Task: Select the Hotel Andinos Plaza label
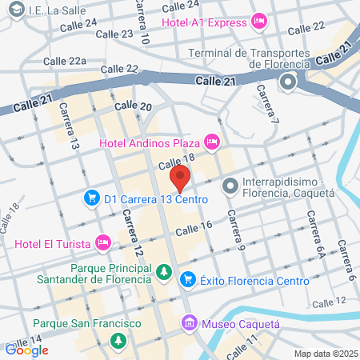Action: pyautogui.click(x=150, y=143)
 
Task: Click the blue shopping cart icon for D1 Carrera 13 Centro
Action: pyautogui.click(x=92, y=198)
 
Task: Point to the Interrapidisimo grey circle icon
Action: pyautogui.click(x=230, y=186)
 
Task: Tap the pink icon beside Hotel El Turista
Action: pyautogui.click(x=102, y=241)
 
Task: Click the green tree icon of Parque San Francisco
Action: pyautogui.click(x=118, y=341)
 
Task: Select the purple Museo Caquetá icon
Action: pyautogui.click(x=189, y=323)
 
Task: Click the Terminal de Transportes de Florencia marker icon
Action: pyautogui.click(x=287, y=81)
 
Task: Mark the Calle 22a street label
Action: pyautogui.click(x=65, y=61)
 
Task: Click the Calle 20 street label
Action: pyautogui.click(x=133, y=106)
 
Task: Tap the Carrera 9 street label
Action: pyautogui.click(x=233, y=228)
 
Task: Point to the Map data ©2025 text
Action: pyautogui.click(x=325, y=353)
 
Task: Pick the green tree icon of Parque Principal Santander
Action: pyautogui.click(x=163, y=273)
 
